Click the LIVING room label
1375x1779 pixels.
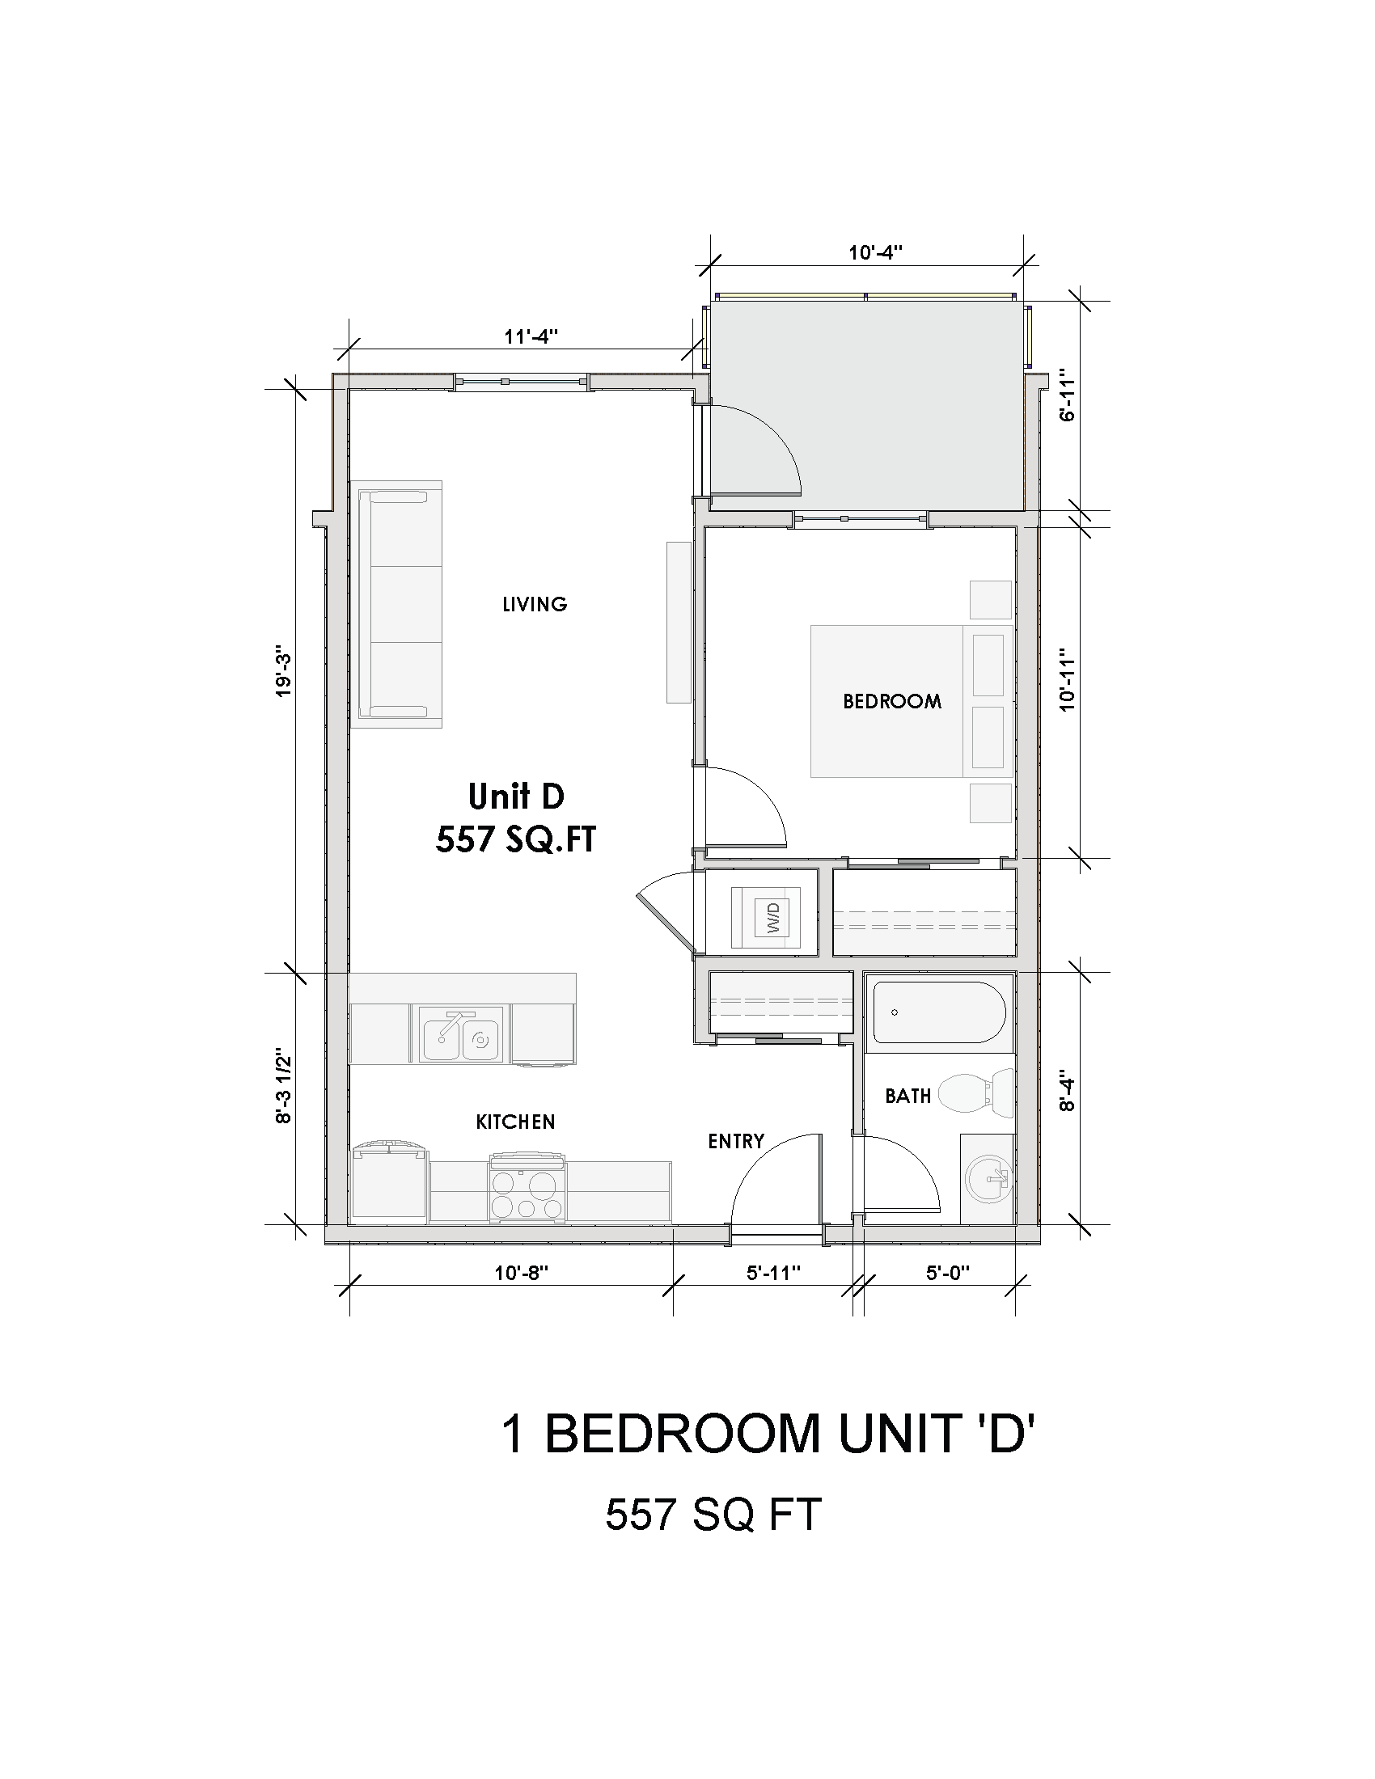[x=535, y=604]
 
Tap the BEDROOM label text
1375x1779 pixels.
[x=892, y=701]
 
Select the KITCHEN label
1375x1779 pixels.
[x=516, y=1122]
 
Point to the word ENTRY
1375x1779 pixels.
[x=735, y=1142]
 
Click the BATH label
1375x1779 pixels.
[x=907, y=1097]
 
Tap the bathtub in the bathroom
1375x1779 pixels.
[x=938, y=1012]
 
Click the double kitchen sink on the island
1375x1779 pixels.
[x=460, y=1034]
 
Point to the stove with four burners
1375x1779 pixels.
[x=528, y=1190]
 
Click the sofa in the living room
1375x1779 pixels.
[x=396, y=603]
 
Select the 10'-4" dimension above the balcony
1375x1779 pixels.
[x=876, y=252]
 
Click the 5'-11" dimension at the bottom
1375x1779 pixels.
[x=774, y=1272]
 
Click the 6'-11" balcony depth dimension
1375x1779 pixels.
[x=1068, y=399]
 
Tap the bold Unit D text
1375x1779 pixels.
[x=516, y=796]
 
